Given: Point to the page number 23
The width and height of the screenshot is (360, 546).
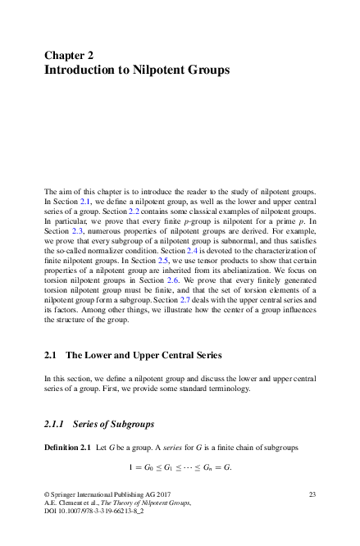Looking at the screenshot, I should coord(312,493).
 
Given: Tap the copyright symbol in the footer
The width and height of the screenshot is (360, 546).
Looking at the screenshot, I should coord(45,493).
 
